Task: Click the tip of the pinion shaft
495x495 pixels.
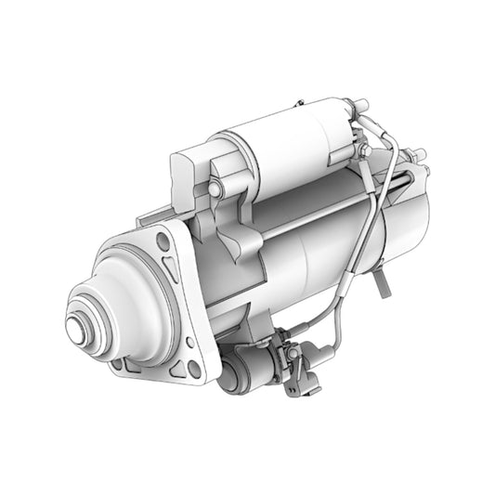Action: (x=77, y=329)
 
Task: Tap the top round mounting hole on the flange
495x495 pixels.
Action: (x=163, y=242)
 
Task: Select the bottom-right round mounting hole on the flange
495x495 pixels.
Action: (x=195, y=369)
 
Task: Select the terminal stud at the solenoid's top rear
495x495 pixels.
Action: (x=354, y=104)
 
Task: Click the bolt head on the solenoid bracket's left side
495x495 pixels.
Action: (x=215, y=189)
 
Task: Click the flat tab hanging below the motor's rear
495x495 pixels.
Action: (x=382, y=284)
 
